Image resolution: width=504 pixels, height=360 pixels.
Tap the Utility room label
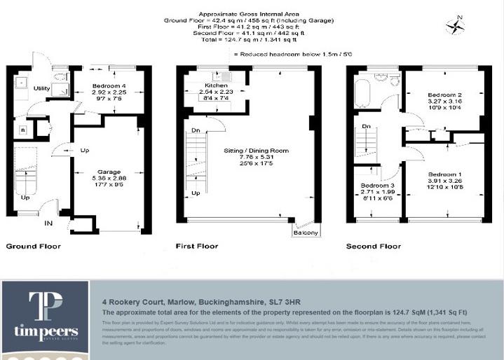click(x=41, y=89)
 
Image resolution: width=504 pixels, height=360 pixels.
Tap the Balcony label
click(x=306, y=233)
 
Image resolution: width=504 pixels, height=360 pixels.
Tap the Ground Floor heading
click(x=33, y=247)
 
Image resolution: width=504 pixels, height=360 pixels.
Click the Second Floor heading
click(x=374, y=247)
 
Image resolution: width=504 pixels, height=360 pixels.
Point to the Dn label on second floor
click(x=367, y=127)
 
